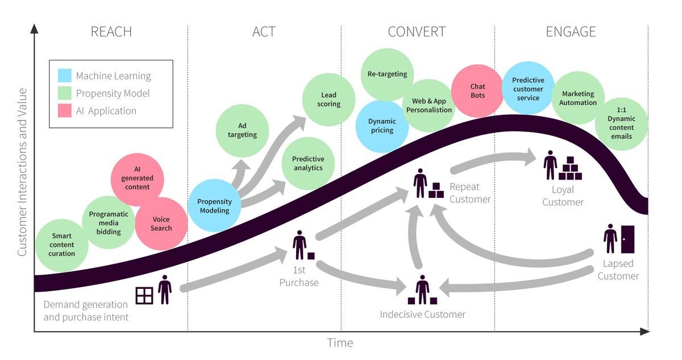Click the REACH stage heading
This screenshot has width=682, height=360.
point(111,32)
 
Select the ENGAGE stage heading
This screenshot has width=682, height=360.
point(571,32)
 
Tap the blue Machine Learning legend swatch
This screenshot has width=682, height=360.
point(65,76)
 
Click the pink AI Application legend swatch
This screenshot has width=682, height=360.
point(65,111)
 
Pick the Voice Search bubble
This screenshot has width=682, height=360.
point(161,224)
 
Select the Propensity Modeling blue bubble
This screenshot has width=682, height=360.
point(214,205)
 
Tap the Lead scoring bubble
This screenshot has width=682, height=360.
point(328,100)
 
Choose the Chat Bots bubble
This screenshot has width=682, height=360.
point(477,91)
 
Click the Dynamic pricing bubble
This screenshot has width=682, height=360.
point(382,126)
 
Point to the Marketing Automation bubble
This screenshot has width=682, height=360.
point(578,98)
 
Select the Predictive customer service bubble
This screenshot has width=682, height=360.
point(528,88)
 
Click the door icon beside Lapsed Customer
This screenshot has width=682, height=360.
point(627,239)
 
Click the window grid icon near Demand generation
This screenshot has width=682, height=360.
point(144,295)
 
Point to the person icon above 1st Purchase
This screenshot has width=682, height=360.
point(299,245)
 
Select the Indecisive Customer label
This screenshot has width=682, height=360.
point(422,314)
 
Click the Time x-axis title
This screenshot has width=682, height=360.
point(340,343)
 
